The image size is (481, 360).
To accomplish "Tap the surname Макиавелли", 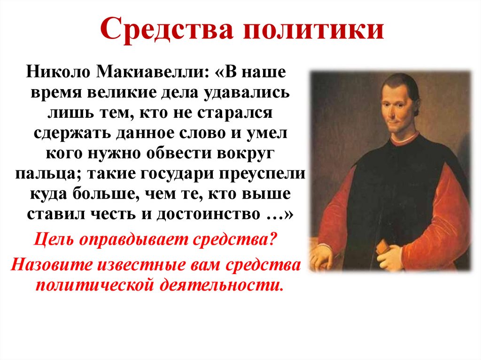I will coord(150,73).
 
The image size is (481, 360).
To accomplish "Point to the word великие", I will coord(122,92).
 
